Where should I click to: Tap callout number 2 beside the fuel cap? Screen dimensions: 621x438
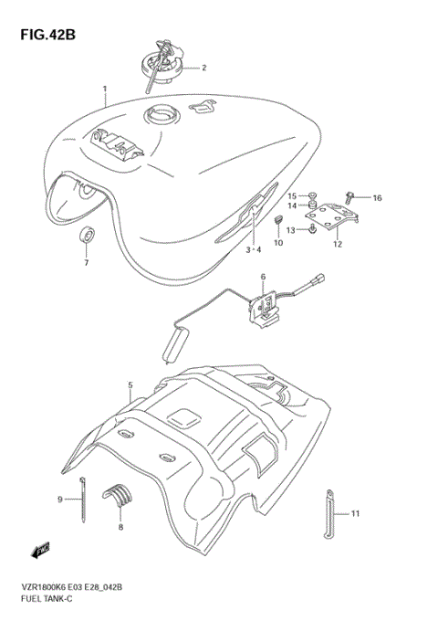[x=203, y=67]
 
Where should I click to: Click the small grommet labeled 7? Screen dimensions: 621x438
[x=87, y=235]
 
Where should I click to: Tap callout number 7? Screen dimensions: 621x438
[x=87, y=263]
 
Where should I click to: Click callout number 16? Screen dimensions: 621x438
[x=377, y=197]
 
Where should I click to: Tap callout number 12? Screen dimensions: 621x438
[x=337, y=244]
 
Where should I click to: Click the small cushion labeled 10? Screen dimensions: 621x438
[x=280, y=221]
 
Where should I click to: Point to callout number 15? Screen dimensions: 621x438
[x=293, y=195]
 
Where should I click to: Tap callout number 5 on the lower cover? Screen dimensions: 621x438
[x=130, y=385]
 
